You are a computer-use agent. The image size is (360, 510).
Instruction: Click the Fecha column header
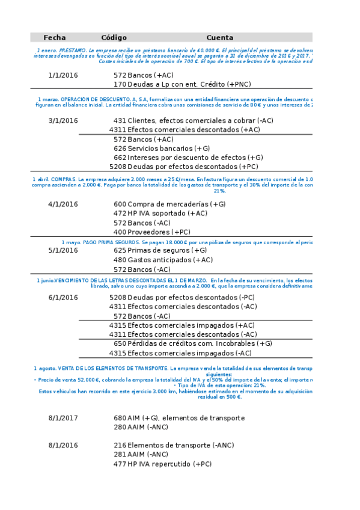[55, 37]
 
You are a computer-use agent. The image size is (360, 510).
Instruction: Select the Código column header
[114, 37]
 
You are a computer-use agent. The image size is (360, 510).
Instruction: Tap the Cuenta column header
[219, 37]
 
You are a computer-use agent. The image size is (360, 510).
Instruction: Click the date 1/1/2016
[63, 75]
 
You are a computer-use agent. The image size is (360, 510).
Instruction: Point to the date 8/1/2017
[63, 418]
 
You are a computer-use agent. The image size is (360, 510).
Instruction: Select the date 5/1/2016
[63, 250]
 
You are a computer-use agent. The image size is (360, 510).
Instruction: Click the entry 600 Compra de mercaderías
[169, 204]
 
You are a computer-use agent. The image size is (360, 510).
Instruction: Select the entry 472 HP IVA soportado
[160, 214]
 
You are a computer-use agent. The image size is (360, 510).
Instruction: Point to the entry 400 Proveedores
[151, 232]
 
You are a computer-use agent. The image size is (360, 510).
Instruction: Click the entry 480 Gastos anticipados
[163, 260]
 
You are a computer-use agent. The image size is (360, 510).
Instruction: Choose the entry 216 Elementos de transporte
[174, 446]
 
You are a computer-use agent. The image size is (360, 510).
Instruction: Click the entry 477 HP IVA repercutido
[162, 464]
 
